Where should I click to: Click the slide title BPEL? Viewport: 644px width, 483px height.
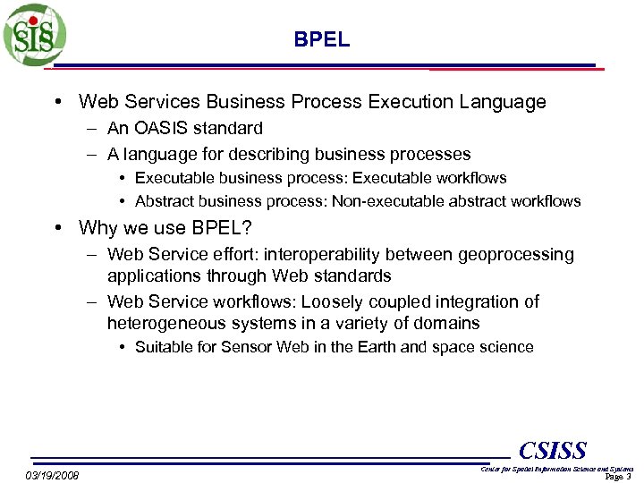point(322,40)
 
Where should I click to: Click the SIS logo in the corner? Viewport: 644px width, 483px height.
point(34,34)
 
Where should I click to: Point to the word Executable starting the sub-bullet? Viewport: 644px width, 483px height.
point(172,178)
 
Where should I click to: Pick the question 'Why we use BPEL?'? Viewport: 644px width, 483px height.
point(165,228)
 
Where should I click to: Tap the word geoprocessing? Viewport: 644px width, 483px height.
point(516,255)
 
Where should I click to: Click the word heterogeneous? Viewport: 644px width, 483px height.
point(166,323)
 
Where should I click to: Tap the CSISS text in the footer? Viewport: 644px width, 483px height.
point(553,450)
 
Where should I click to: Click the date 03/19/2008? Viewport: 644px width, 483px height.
point(52,475)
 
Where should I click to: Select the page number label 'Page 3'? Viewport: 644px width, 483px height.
point(618,477)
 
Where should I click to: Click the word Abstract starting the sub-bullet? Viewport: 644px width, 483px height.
point(165,201)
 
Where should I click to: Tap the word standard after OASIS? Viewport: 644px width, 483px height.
point(232,129)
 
